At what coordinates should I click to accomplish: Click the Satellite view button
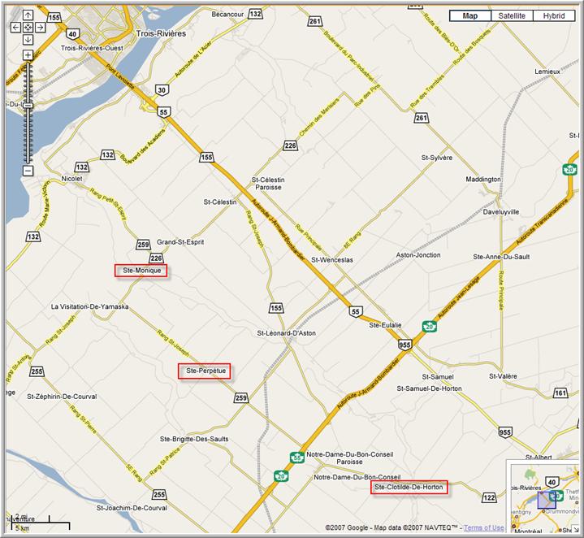[x=512, y=15]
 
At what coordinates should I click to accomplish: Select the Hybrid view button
[x=554, y=15]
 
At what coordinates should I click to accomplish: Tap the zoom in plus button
[x=28, y=54]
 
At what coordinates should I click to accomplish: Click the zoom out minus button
[x=28, y=171]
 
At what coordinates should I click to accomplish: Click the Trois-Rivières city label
[x=161, y=33]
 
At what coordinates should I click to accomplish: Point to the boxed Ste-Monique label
[x=141, y=271]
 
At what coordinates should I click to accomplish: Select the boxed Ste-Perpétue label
[x=204, y=371]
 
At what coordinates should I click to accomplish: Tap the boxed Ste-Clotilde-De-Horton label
[x=409, y=488]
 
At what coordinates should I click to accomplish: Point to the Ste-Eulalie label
[x=386, y=325]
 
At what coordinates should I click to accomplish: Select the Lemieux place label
[x=547, y=72]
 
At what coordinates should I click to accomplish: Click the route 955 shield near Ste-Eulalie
[x=404, y=345]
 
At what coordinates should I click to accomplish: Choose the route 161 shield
[x=560, y=393]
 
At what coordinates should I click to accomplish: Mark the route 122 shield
[x=489, y=497]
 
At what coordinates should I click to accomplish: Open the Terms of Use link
[x=483, y=527]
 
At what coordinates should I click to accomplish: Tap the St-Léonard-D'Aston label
[x=287, y=333]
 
